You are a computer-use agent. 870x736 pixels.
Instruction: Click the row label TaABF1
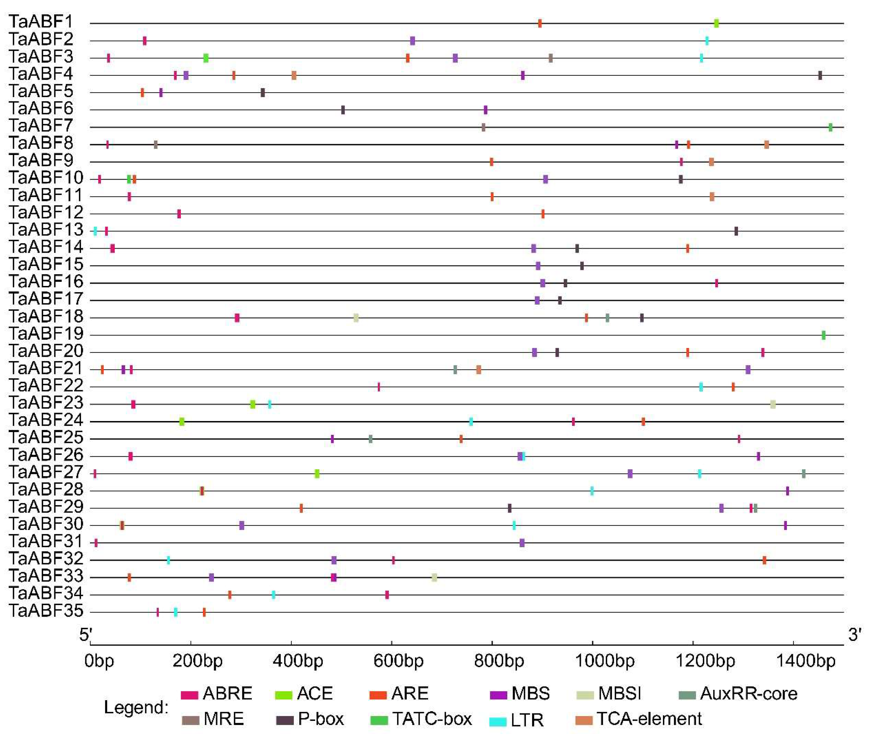point(41,22)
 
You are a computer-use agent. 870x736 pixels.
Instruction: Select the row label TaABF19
point(46,334)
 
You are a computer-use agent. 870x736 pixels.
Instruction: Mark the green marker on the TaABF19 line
point(823,335)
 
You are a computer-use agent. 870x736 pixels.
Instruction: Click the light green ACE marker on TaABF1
point(716,23)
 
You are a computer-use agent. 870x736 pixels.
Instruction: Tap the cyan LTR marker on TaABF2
point(707,41)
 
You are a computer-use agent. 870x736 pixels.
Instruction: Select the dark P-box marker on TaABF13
point(736,231)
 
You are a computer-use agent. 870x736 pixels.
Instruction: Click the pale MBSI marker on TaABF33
point(434,578)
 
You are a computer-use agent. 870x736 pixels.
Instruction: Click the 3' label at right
point(855,635)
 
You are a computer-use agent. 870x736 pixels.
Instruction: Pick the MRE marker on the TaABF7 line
point(483,127)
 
